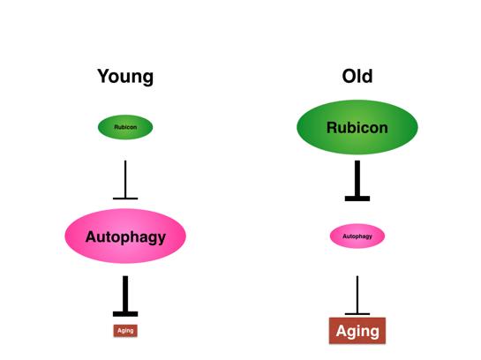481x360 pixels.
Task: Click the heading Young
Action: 125,77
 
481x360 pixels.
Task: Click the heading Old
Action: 357,76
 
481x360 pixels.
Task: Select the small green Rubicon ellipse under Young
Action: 125,127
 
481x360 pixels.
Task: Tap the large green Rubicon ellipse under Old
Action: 357,127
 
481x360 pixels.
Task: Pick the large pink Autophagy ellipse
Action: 125,236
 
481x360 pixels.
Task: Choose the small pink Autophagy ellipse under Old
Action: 357,236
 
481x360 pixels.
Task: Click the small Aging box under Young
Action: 125,331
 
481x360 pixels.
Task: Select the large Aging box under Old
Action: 357,331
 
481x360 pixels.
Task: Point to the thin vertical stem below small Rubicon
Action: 125,179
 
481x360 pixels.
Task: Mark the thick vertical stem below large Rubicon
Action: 357,178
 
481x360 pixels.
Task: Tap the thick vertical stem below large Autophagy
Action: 125,294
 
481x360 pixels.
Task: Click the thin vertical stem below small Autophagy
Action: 357,295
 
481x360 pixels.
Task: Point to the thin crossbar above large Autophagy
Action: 125,199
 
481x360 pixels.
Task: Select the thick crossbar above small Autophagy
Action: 357,199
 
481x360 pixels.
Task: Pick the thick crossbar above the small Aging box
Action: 125,314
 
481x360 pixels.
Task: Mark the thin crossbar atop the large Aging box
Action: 357,314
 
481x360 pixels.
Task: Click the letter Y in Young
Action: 103,76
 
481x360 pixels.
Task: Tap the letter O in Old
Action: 349,77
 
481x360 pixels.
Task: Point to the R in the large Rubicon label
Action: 332,128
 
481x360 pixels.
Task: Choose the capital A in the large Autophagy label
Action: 91,236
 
